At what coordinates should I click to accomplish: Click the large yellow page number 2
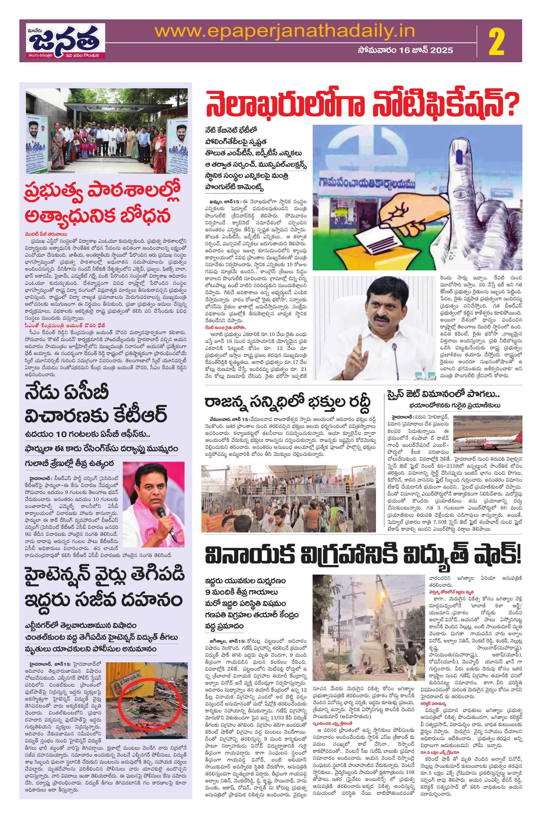[497, 42]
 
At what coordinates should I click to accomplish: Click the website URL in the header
[285, 32]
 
